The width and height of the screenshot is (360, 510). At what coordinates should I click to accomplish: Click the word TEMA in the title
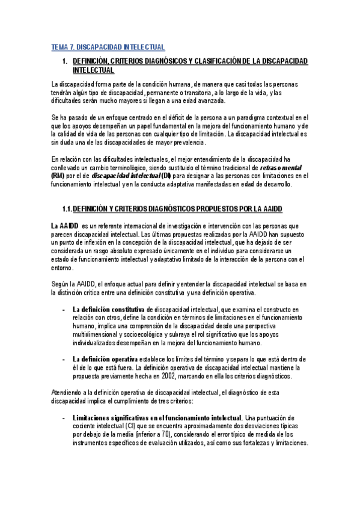[x=59, y=47]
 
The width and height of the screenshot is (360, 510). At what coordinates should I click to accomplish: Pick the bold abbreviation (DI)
[x=166, y=176]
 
